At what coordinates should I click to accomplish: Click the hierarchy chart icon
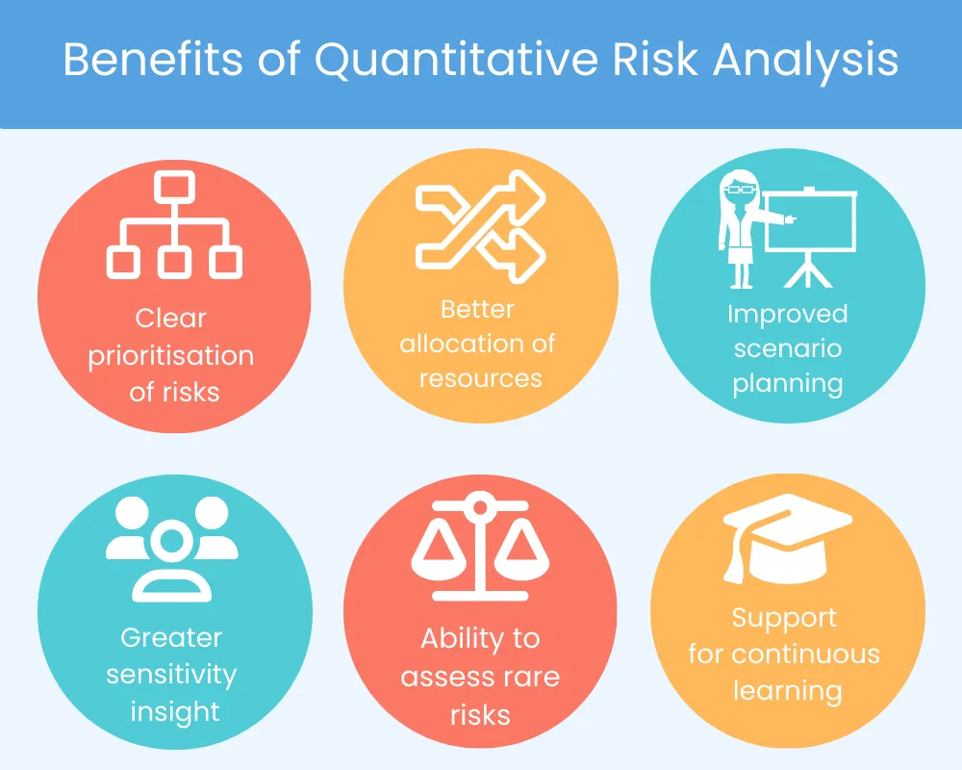174,224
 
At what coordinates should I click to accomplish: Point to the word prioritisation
171,355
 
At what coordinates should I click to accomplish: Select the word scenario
787,347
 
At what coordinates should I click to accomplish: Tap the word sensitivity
171,674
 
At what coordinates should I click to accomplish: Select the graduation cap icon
787,534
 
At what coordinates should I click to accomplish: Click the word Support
784,618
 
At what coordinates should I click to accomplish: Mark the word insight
174,711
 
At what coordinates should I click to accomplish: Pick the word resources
480,378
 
